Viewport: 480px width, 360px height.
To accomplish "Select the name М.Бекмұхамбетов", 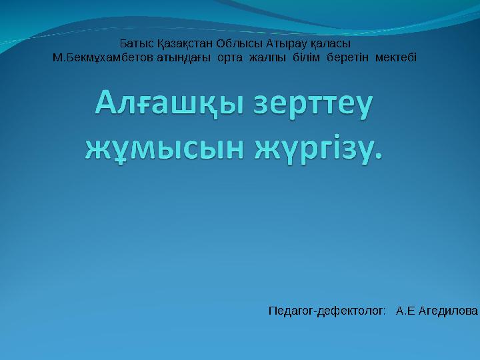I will point(103,57).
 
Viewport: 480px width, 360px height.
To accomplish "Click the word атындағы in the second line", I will point(184,57).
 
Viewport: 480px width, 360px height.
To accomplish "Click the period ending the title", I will point(381,155).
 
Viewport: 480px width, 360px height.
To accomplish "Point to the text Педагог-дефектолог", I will point(327,311).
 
